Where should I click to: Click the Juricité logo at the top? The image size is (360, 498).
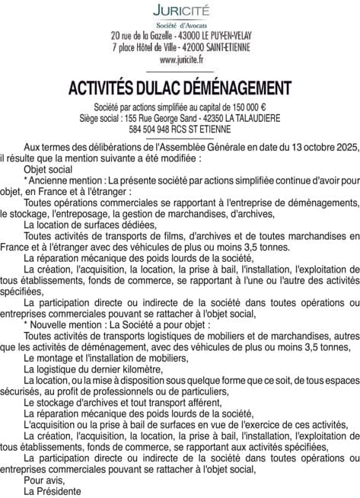[x=180, y=11]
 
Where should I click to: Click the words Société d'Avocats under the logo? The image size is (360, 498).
[x=180, y=25]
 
